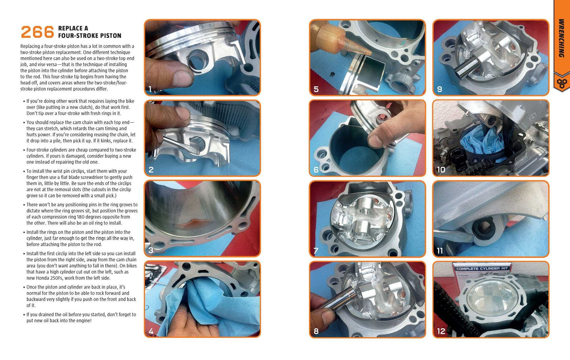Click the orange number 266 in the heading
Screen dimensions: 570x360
(x=37, y=32)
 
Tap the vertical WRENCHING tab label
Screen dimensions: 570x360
(x=562, y=38)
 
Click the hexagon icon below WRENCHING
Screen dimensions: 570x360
(x=562, y=83)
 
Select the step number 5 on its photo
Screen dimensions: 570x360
(x=316, y=89)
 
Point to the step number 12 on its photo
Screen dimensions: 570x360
(x=441, y=331)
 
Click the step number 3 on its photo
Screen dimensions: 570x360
(x=151, y=250)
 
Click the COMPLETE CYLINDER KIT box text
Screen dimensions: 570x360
(x=482, y=269)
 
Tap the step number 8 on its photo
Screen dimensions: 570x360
(x=316, y=331)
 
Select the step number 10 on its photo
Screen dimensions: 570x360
(x=441, y=170)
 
